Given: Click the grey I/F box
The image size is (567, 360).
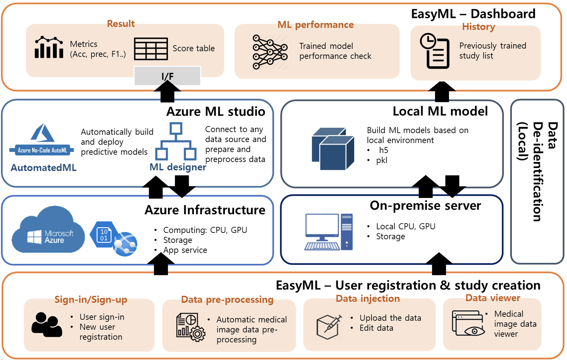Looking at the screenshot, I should point(167,76).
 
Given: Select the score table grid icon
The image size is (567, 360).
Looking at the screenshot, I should point(151,49).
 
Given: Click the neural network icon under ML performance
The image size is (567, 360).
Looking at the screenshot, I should point(270,52).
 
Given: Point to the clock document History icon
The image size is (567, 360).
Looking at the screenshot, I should point(434,51).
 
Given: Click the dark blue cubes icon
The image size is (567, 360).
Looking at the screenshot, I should point(333,148).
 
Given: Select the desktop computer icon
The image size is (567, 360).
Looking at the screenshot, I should point(329,232).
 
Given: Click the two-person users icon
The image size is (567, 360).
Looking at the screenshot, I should point(47,325).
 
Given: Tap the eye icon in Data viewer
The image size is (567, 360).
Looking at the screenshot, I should point(474,331).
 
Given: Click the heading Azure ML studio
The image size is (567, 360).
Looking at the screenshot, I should point(215,112).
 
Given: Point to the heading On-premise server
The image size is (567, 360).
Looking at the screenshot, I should point(425,205).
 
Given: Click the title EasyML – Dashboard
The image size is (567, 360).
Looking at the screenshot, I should point(473,14).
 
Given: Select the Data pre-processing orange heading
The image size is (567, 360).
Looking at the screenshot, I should point(227,300).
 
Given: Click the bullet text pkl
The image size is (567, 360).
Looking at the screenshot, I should point(382,160).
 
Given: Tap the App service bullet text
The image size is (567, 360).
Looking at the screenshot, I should point(185,250).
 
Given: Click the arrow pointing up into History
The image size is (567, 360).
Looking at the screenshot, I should point(442,91).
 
